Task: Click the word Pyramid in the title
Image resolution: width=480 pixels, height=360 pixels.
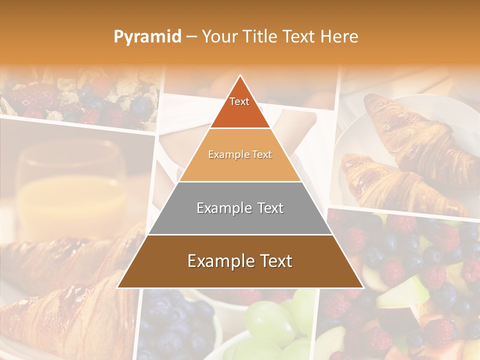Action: point(147,37)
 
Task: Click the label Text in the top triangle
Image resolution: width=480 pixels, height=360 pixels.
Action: point(239,101)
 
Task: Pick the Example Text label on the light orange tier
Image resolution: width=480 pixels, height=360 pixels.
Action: point(240,155)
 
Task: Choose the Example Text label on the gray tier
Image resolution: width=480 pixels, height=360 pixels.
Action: point(240,208)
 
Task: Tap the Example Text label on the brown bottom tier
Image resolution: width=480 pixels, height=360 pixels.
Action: point(240,261)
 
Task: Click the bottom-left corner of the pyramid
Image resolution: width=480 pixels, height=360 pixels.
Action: point(117,287)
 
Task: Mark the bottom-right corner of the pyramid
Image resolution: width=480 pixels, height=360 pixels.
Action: point(363,287)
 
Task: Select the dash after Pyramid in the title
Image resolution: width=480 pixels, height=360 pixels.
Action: point(190,37)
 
